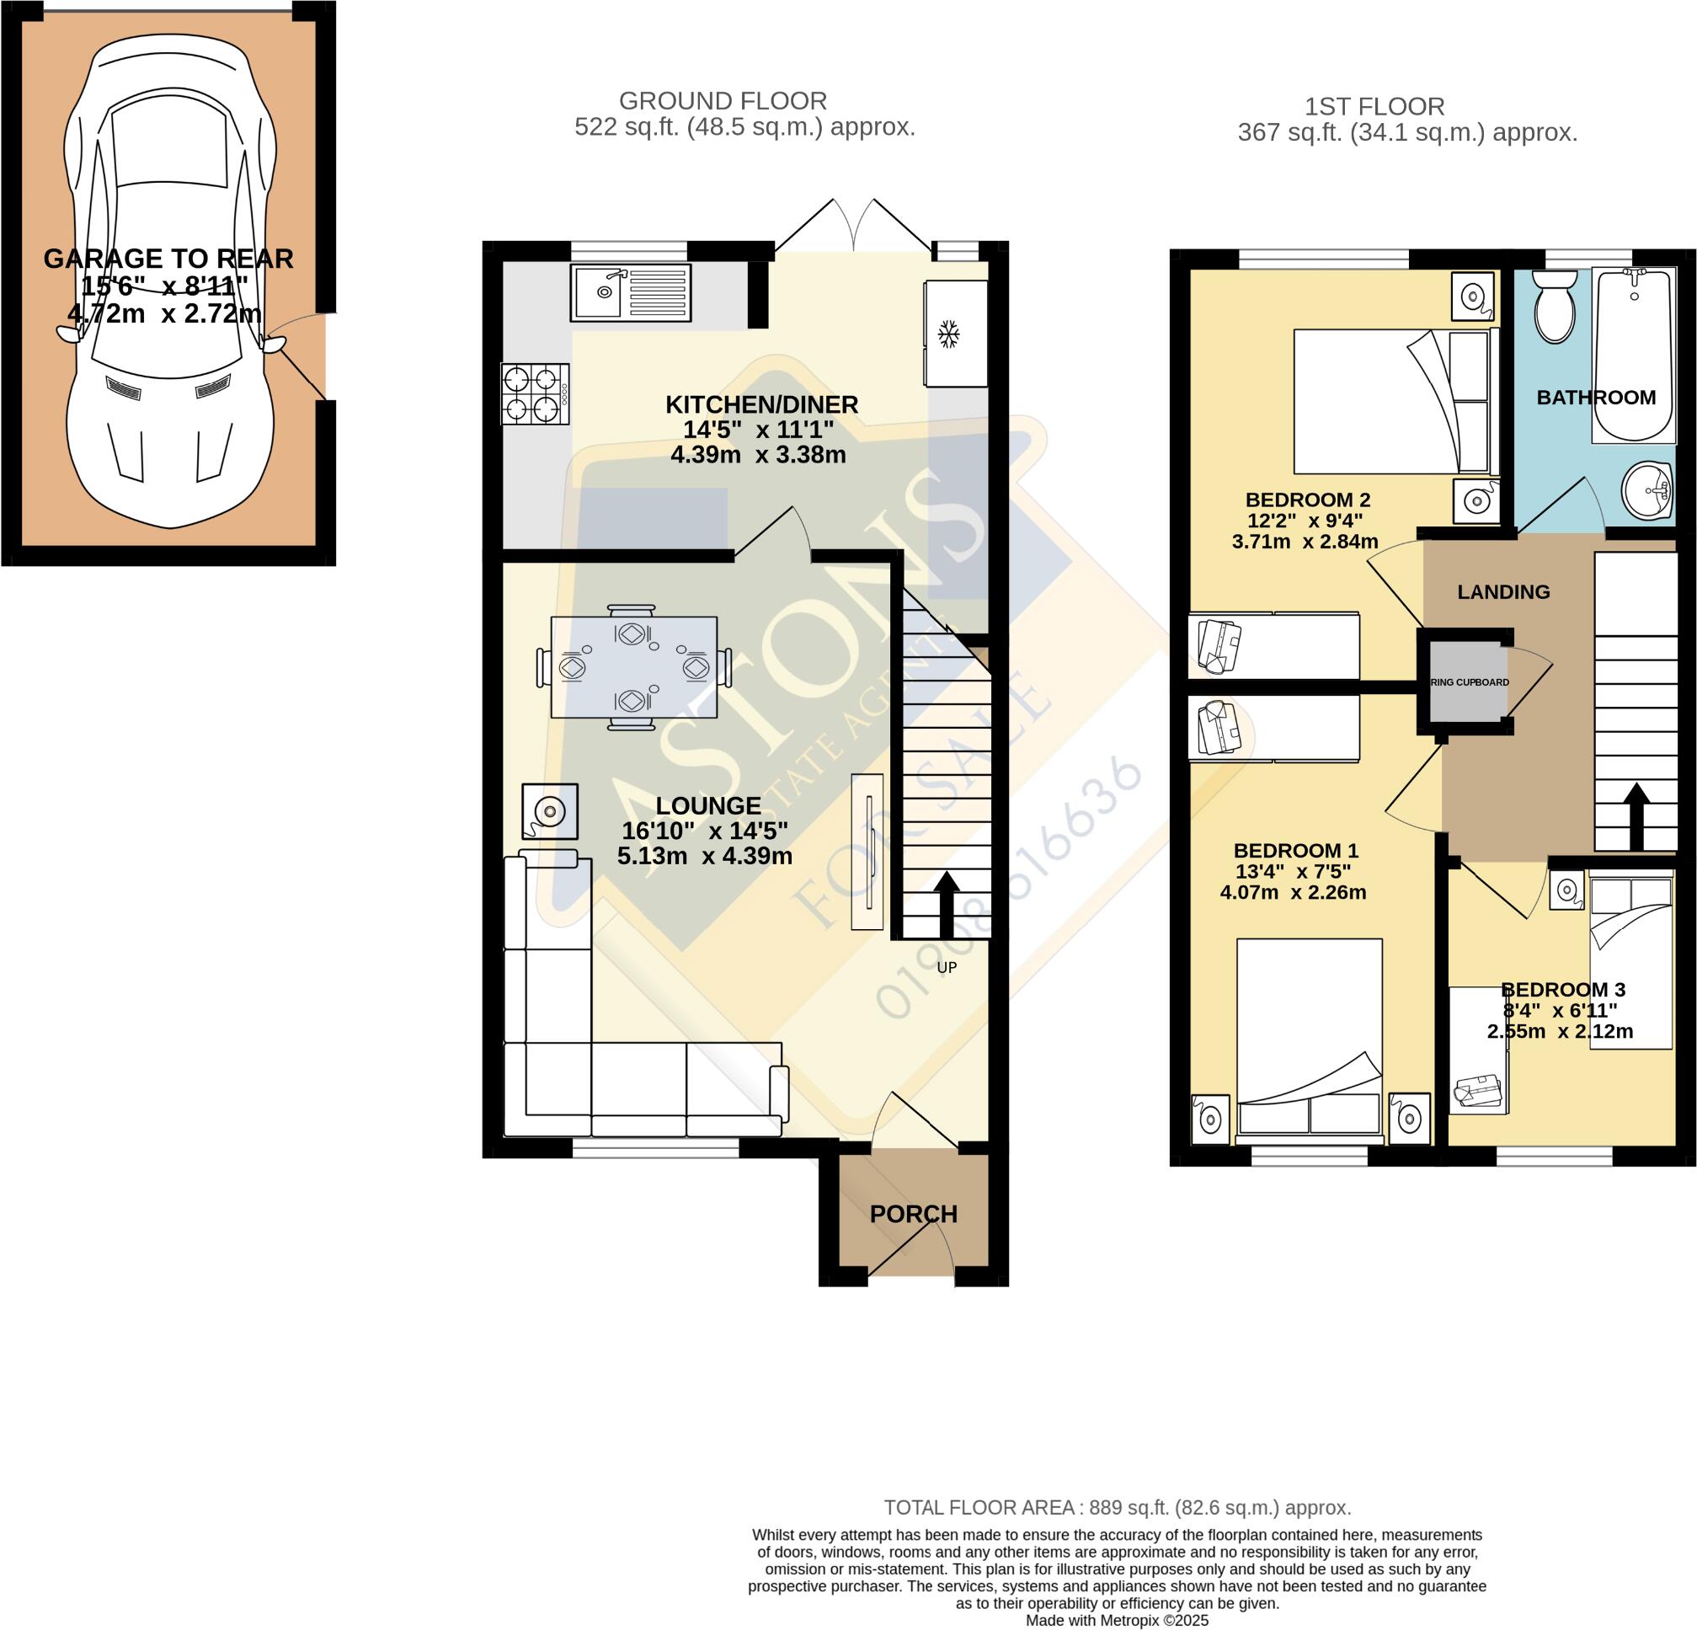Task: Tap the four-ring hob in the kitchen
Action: pos(535,394)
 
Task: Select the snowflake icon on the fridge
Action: pos(949,334)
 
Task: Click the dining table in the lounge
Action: pos(634,667)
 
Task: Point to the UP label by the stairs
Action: pos(947,967)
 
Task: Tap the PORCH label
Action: pos(914,1214)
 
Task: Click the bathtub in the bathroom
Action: pos(1633,355)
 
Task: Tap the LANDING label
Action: pos(1504,592)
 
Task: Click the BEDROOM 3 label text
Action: pos(1563,989)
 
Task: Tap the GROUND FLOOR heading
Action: pos(723,101)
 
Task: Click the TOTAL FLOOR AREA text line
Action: pos(1117,1508)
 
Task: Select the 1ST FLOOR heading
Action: pos(1375,106)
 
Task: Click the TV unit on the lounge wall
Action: pos(867,852)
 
